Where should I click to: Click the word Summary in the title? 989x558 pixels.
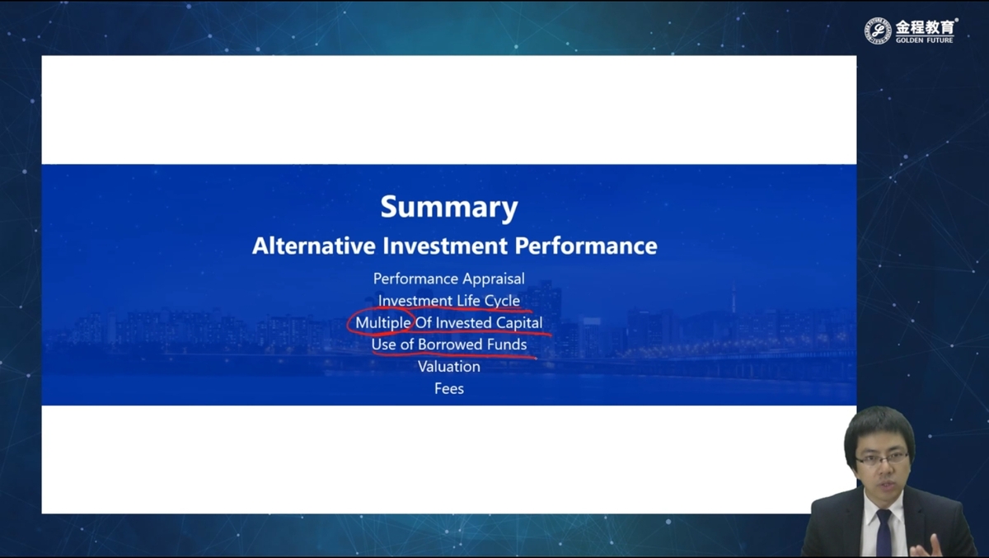coord(449,207)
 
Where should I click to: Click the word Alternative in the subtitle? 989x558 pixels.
coord(313,246)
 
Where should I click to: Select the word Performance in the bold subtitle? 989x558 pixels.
coord(586,246)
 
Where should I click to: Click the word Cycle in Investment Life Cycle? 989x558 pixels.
coord(502,301)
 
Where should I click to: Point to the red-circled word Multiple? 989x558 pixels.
coord(382,323)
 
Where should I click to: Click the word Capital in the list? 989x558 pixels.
coord(519,323)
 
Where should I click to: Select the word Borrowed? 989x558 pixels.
coord(450,345)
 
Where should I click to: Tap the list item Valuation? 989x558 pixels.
coord(449,367)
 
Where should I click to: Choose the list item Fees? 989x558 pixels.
coord(449,388)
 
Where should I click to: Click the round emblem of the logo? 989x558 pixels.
coord(878,30)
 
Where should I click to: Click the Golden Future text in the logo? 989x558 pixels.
coord(924,40)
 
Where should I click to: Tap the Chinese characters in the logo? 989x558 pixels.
coord(925,27)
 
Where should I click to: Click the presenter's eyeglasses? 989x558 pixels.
coord(882,458)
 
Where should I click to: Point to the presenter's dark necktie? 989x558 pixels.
coord(884,532)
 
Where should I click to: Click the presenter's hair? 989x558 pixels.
coord(879,430)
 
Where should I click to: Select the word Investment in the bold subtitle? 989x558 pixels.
coord(444,246)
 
